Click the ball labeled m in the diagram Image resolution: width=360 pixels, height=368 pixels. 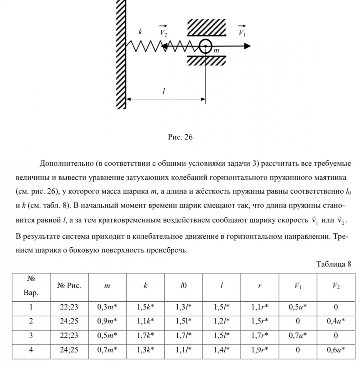point(205,46)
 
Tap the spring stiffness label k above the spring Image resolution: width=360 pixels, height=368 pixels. point(140,32)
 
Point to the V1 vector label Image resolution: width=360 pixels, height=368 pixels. point(242,32)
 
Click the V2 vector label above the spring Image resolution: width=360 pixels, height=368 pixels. point(164,32)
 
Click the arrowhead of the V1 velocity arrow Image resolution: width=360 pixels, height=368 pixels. point(248,46)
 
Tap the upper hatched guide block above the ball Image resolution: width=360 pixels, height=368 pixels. point(205,28)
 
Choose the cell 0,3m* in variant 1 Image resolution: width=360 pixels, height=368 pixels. point(107,307)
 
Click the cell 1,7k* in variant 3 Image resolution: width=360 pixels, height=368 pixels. point(145,335)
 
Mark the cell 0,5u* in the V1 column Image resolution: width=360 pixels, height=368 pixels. point(298,307)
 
